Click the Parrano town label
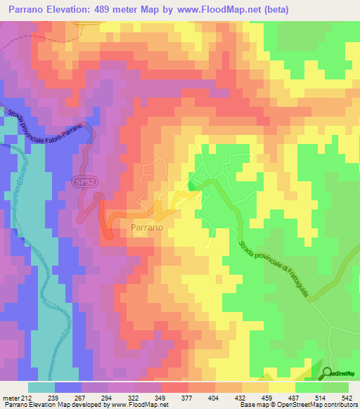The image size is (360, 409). [148, 228]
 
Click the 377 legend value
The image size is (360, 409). [188, 398]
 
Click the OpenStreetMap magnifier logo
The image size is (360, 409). [328, 372]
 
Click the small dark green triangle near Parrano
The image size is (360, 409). [192, 186]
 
